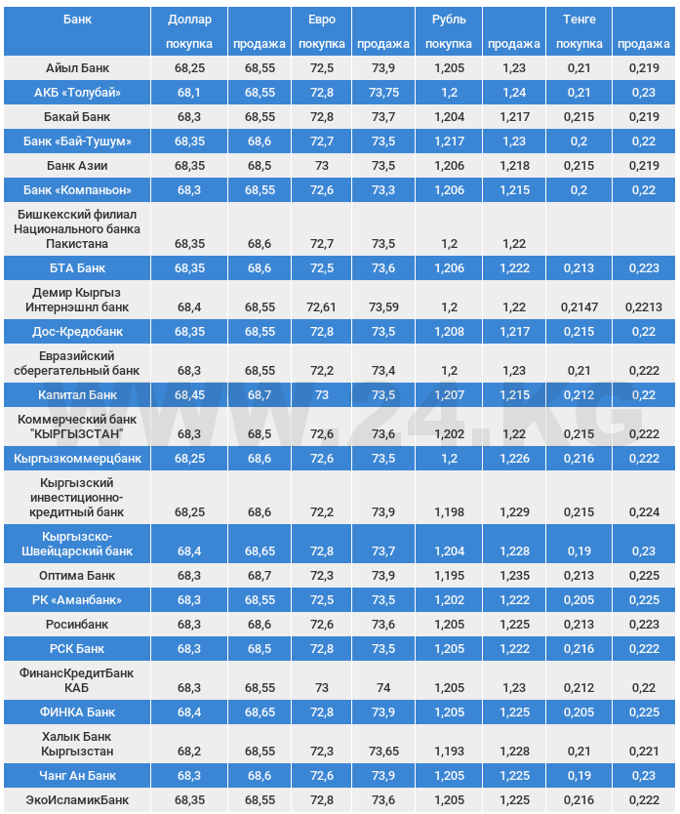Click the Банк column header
[77, 20]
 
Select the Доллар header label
[189, 20]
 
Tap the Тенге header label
[580, 20]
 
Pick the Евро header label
[321, 20]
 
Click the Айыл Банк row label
[77, 68]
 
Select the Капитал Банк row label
[77, 395]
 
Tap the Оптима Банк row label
[77, 576]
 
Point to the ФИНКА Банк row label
[77, 712]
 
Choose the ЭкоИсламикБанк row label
[77, 800]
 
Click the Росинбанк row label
[77, 625]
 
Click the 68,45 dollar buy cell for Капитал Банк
[189, 395]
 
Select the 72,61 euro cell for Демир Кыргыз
[321, 307]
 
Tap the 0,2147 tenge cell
[580, 307]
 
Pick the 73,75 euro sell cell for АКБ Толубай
[383, 93]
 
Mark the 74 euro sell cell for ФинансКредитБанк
[383, 688]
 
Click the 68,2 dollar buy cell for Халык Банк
[189, 752]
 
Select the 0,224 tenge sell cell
[643, 511]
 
